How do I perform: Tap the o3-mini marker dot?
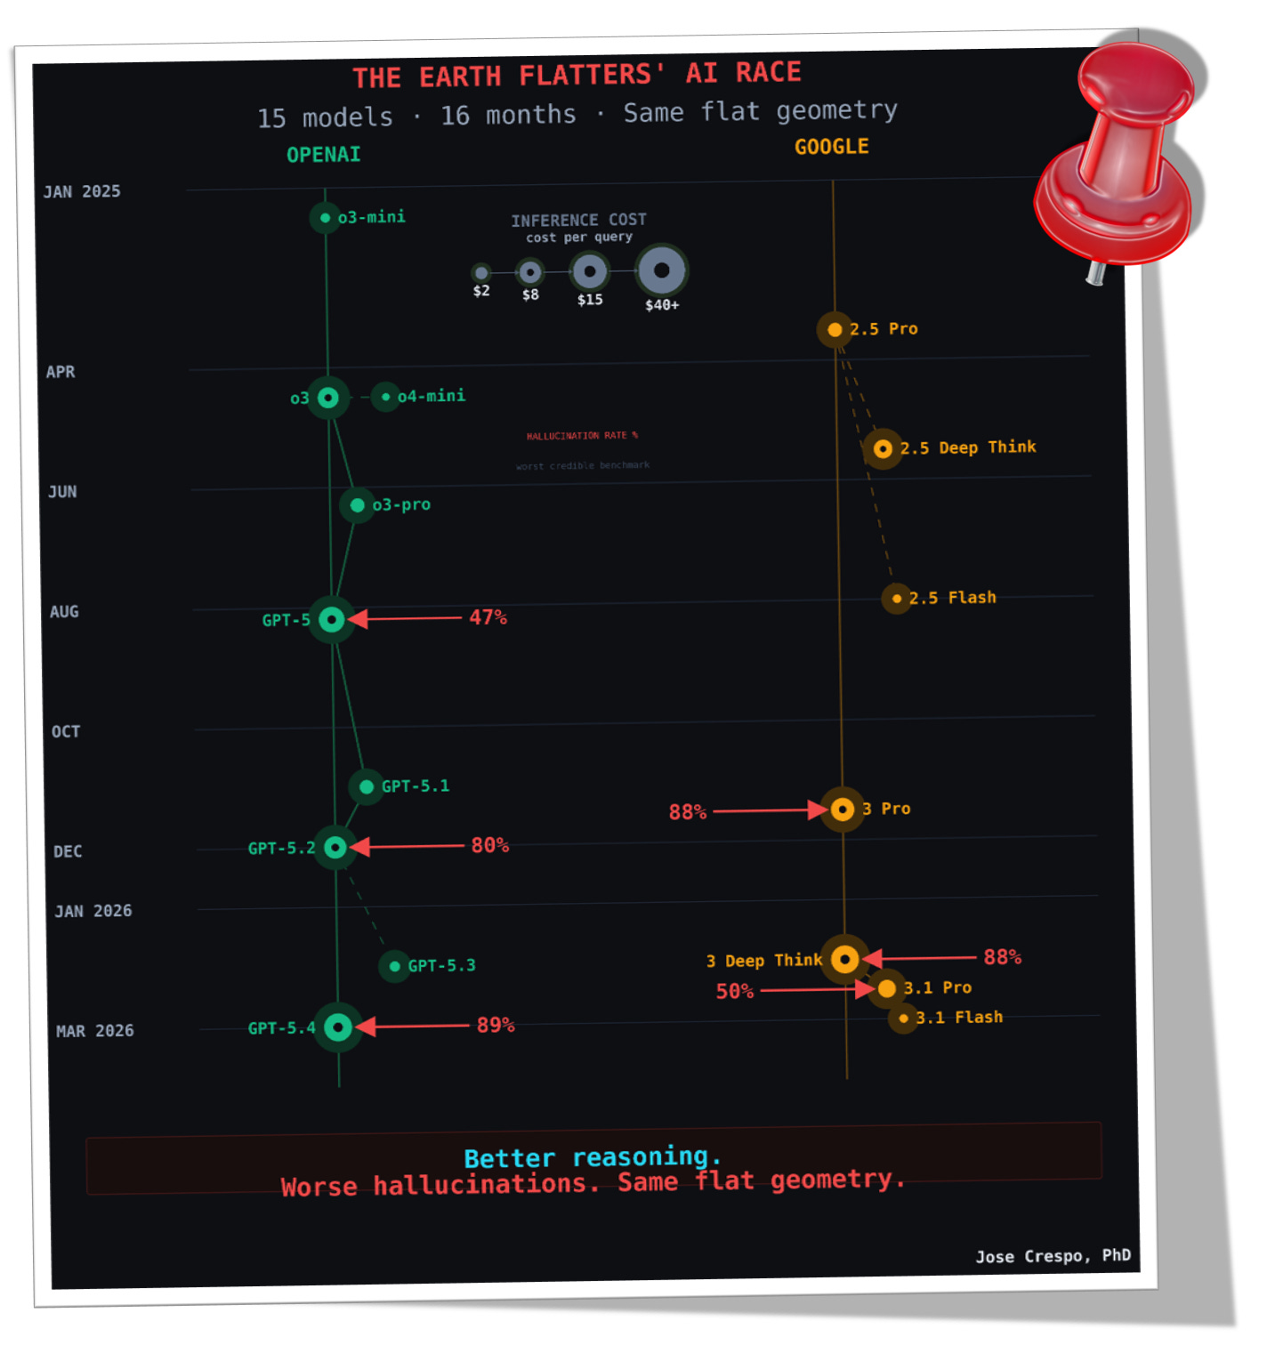(x=325, y=218)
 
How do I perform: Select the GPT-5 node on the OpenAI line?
(x=332, y=619)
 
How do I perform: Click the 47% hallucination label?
(x=488, y=617)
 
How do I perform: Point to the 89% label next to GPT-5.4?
(x=496, y=1025)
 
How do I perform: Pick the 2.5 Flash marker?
(x=896, y=599)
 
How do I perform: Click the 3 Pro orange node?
(x=842, y=809)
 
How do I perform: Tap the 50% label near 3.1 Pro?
(x=734, y=991)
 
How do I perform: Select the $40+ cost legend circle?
(x=661, y=270)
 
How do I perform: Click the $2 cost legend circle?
(x=481, y=273)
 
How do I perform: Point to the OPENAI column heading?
(x=323, y=155)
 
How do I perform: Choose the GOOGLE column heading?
(x=831, y=147)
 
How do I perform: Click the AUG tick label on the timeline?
(x=64, y=612)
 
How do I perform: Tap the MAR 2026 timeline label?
(x=94, y=1031)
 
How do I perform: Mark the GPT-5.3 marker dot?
(x=394, y=966)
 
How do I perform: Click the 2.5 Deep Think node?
(x=883, y=449)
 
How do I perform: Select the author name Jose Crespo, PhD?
(x=1053, y=1256)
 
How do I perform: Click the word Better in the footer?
(x=509, y=1159)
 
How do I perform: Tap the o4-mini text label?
(x=432, y=396)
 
